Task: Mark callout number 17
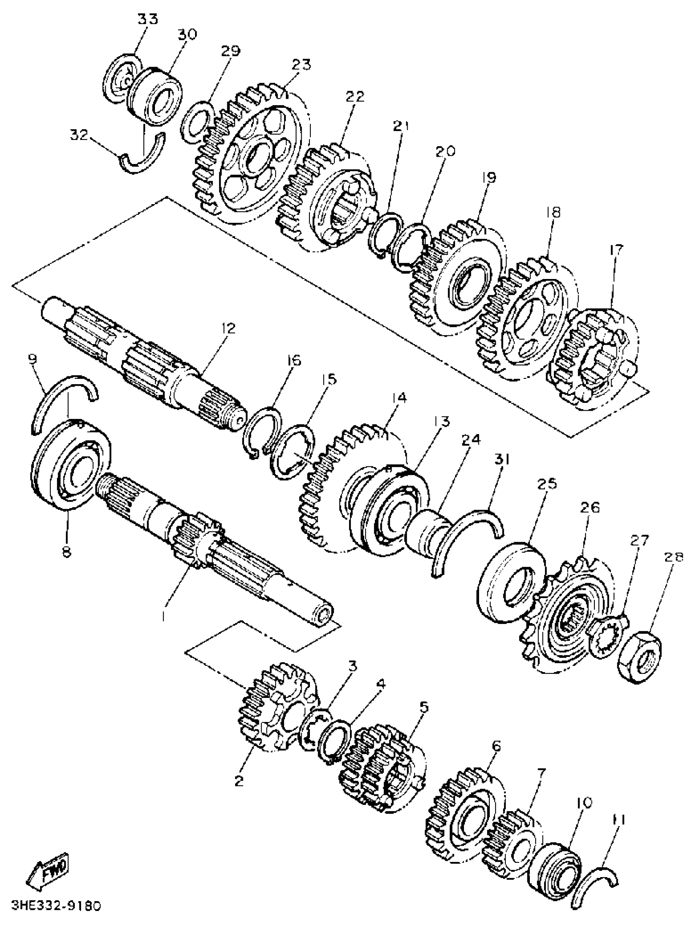[x=616, y=250]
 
